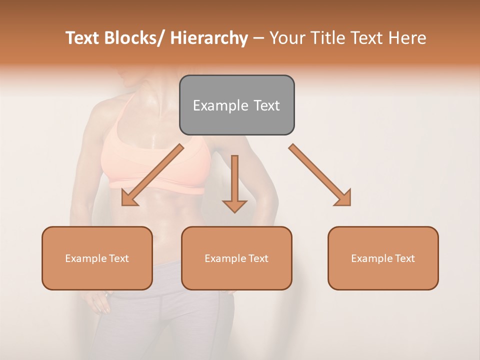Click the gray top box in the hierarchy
[x=236, y=105]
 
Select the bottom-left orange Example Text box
[x=97, y=258]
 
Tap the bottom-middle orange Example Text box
[x=236, y=258]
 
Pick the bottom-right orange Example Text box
[x=383, y=258]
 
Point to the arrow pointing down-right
[x=319, y=175]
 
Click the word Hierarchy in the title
[x=209, y=38]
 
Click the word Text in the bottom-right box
[x=404, y=258]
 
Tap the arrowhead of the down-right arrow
[x=343, y=197]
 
